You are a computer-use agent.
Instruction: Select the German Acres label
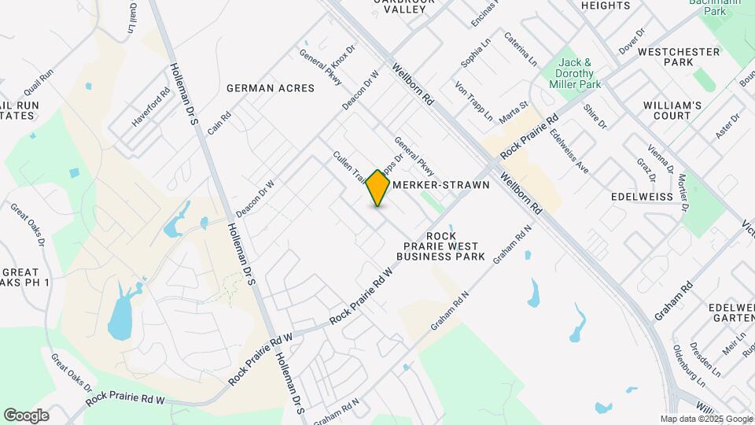coord(270,88)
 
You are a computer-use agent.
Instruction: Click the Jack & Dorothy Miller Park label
coord(580,73)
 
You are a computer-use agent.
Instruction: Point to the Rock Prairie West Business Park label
coord(440,246)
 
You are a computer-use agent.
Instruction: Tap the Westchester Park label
coord(679,57)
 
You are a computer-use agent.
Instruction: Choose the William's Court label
coord(672,110)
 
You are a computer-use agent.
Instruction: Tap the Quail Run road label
coord(38,83)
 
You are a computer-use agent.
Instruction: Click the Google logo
coord(26,416)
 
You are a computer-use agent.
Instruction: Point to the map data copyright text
coord(705,419)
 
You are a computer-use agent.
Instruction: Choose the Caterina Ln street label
coord(521,49)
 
